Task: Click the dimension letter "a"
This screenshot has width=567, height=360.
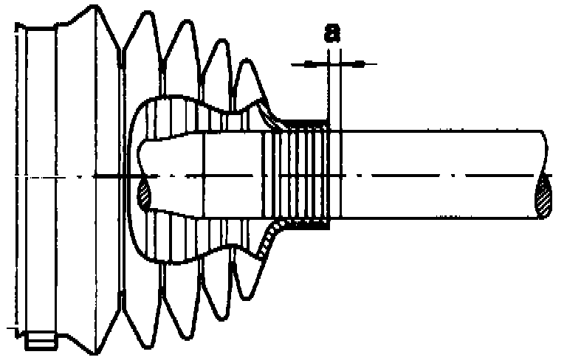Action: coord(333,33)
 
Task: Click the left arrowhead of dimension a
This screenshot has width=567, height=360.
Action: coord(310,64)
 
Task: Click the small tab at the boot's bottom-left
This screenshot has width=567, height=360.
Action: coord(41,342)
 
